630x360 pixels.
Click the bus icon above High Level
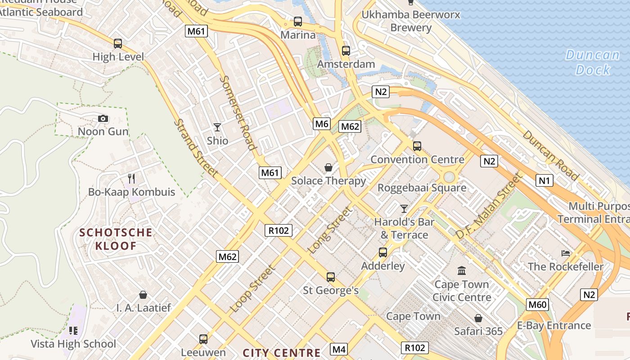pos(118,44)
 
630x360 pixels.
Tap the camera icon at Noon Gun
pos(103,119)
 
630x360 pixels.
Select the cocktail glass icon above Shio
pos(217,127)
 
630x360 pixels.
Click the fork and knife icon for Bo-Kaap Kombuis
pos(131,178)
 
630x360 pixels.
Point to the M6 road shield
pos(322,124)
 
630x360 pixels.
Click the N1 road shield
pos(544,181)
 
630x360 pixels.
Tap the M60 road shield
pos(537,305)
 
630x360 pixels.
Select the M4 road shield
pos(339,349)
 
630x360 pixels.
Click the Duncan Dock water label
pos(593,63)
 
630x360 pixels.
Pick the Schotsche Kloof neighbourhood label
pos(116,239)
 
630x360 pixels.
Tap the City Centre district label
pos(282,353)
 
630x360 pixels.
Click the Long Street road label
pos(329,230)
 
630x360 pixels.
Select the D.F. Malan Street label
pos(488,207)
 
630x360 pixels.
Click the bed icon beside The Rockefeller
pos(566,253)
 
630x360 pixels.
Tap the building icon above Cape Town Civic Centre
pos(462,270)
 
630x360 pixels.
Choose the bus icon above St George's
pos(331,277)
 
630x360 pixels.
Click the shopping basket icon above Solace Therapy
pos(328,167)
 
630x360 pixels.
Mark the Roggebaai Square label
pos(422,188)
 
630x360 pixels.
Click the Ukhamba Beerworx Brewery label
pos(411,21)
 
